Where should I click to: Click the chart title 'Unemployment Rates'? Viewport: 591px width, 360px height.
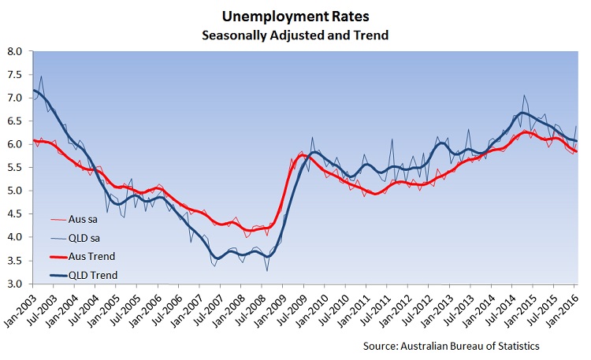pyautogui.click(x=296, y=16)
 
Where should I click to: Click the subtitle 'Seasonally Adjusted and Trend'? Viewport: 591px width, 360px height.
pyautogui.click(x=296, y=35)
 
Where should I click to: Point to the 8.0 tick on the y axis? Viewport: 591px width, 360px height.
pyautogui.click(x=14, y=52)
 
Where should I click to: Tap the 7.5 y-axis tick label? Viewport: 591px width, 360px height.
pyautogui.click(x=14, y=75)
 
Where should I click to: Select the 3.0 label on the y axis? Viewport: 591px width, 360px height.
pyautogui.click(x=14, y=284)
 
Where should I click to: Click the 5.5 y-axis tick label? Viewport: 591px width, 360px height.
pyautogui.click(x=14, y=168)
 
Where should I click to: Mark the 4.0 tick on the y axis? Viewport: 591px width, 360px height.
pyautogui.click(x=14, y=237)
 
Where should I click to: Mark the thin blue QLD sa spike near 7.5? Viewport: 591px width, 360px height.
pyautogui.click(x=41, y=76)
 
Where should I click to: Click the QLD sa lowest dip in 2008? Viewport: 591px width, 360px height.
pyautogui.click(x=266, y=270)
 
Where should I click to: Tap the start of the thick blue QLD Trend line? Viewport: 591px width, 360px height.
pyautogui.click(x=33, y=90)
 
